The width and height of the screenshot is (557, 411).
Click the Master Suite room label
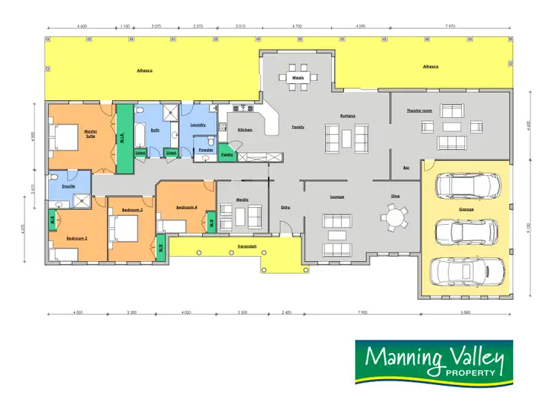[91, 134]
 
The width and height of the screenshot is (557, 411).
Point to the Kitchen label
[245, 130]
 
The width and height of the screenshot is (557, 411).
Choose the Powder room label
[205, 150]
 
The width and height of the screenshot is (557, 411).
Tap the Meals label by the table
[299, 76]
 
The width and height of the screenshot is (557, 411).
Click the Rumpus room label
[348, 116]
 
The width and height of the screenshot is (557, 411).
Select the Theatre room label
[420, 111]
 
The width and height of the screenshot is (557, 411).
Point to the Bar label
[405, 167]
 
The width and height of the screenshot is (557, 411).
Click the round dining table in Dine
[395, 217]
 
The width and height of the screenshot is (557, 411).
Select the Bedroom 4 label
[186, 207]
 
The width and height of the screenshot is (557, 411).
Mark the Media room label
[242, 200]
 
